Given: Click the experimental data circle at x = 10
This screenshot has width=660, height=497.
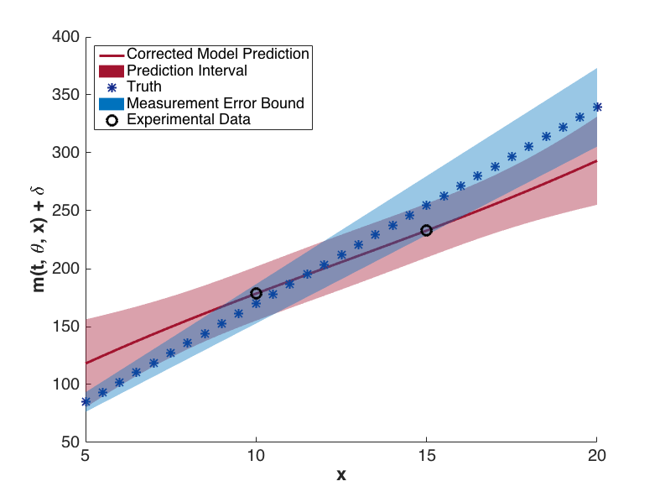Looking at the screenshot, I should point(256,293).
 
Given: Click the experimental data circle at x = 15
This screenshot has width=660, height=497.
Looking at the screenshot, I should point(426,230).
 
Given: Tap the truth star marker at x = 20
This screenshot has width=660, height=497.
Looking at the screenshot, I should point(596,107).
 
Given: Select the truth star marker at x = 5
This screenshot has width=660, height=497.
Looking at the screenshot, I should point(86,402).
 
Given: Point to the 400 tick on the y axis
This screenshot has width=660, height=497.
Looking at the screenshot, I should point(66,37).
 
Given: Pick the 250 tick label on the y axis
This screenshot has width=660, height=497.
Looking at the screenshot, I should point(66,211).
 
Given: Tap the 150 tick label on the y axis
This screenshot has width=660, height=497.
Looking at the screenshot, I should point(66,327).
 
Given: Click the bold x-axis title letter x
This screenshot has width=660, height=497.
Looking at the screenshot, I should point(340,475).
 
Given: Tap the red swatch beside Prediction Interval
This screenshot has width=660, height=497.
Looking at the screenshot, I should point(109,71).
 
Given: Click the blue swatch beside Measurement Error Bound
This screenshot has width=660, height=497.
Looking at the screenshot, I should point(109,103).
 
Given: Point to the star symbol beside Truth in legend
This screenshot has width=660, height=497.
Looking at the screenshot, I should point(109,86).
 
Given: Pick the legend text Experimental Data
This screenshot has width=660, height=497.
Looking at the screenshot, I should point(189,119).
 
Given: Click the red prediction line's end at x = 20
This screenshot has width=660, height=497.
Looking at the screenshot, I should point(595,161).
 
